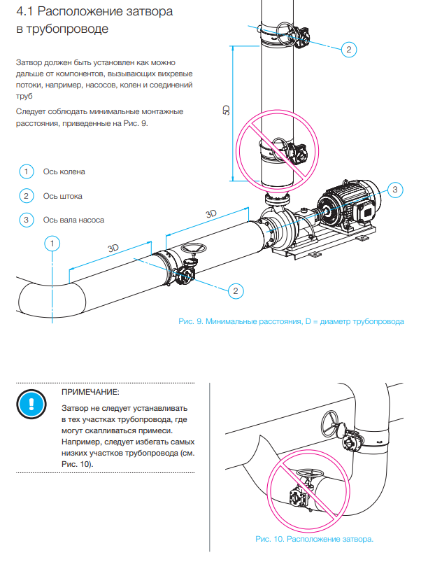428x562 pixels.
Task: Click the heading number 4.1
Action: click(27, 13)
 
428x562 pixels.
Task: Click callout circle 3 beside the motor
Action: click(394, 190)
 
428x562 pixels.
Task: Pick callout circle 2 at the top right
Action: click(349, 49)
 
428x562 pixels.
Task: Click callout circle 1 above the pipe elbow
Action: click(52, 244)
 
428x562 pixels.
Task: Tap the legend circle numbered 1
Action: click(26, 171)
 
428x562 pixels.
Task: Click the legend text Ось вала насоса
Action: click(73, 220)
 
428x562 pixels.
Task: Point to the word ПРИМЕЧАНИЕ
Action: click(91, 393)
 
